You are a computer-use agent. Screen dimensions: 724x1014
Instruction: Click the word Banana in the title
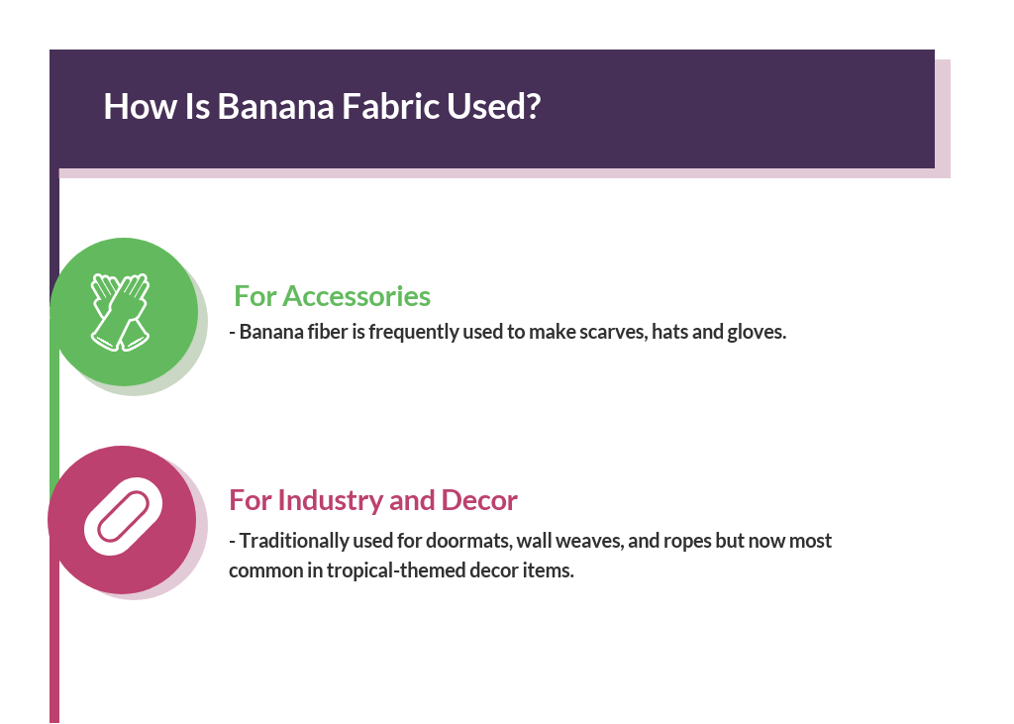[x=275, y=106]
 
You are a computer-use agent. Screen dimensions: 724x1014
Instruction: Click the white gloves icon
[x=120, y=311]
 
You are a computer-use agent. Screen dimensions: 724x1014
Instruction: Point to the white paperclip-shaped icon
[x=122, y=517]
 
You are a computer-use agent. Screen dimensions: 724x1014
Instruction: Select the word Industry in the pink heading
[x=331, y=500]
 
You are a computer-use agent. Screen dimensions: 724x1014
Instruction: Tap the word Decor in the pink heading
[x=479, y=500]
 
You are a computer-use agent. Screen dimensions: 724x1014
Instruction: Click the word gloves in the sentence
[x=758, y=332]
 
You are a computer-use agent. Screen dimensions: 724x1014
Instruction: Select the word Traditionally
[x=290, y=542]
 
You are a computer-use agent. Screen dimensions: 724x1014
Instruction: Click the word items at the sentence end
[x=552, y=571]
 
